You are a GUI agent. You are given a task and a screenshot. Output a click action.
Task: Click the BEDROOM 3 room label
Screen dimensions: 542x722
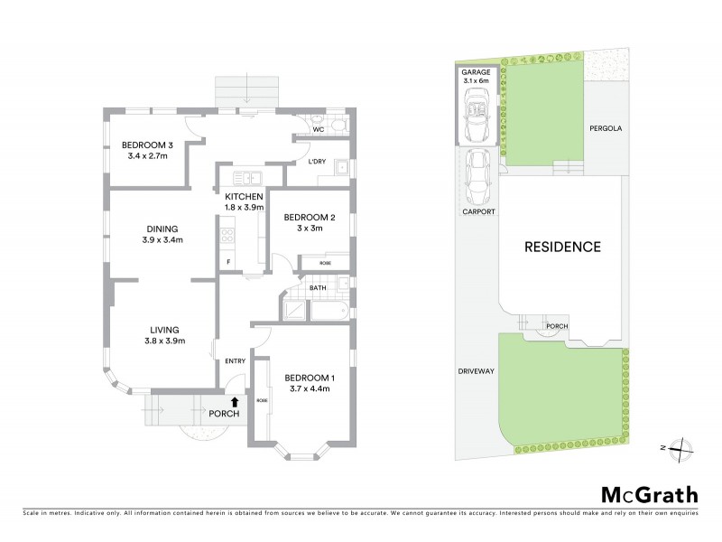tap(147, 145)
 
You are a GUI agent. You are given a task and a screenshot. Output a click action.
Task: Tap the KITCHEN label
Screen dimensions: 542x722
tap(244, 196)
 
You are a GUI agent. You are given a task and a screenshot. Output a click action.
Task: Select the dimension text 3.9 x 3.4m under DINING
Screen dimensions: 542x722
tap(162, 240)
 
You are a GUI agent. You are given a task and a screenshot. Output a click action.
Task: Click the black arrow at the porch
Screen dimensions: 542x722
tap(235, 402)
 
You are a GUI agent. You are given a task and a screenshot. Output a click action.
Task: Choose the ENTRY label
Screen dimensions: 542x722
tap(235, 361)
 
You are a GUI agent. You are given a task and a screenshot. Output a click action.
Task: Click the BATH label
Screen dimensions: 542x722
tap(317, 289)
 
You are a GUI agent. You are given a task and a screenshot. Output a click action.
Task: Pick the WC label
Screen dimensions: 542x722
tap(319, 129)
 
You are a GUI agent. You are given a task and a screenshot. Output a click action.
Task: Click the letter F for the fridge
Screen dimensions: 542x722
tap(228, 262)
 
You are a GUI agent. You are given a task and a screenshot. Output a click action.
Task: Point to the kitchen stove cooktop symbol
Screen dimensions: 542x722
tap(227, 237)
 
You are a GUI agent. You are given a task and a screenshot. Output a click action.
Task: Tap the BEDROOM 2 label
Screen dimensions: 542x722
tap(310, 217)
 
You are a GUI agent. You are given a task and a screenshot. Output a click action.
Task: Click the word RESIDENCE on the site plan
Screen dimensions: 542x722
tap(563, 246)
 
